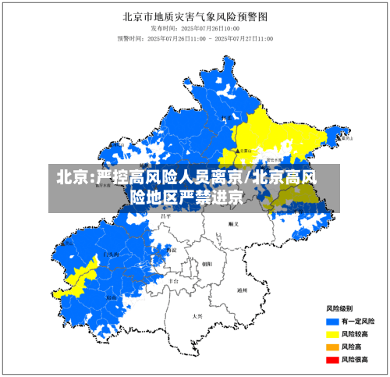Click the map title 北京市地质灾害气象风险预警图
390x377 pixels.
click(195, 15)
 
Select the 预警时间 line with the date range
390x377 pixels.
click(195, 37)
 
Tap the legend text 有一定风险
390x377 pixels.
click(358, 321)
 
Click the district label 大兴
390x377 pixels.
click(197, 316)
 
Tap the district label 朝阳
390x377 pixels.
click(207, 264)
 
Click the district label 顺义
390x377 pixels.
click(232, 224)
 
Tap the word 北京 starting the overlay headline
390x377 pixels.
click(71, 178)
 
